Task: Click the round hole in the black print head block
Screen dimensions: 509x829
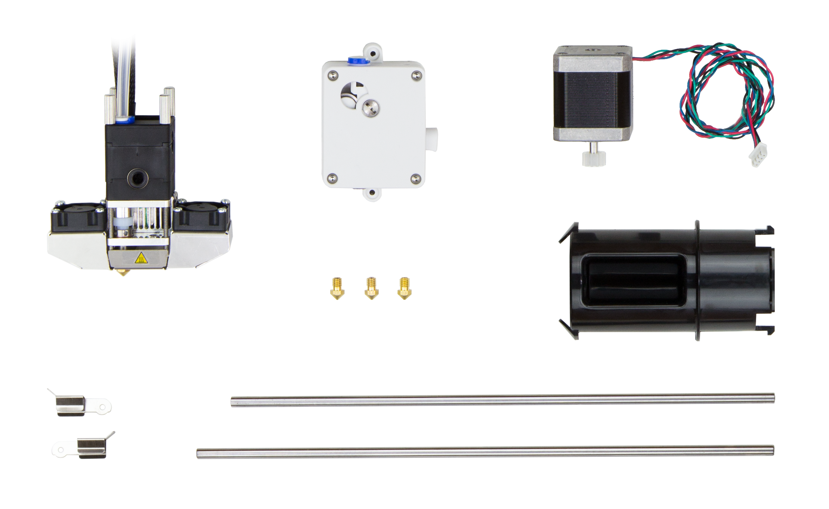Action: (136, 176)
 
